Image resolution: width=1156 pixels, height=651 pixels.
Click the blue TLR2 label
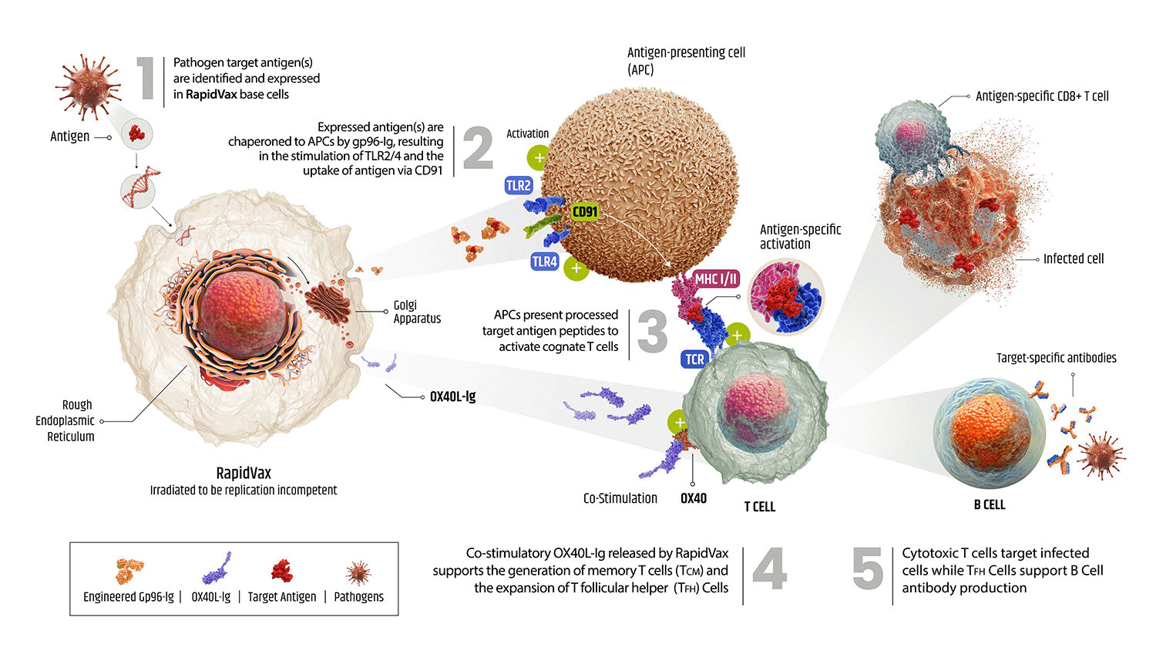point(519,185)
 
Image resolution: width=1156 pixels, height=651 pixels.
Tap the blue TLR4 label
point(544,261)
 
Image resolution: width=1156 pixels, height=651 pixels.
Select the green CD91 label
point(585,211)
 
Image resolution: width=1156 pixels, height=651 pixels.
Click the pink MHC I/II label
point(717,279)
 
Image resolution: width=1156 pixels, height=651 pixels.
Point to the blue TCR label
point(694,359)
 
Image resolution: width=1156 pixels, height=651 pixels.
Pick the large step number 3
point(652,332)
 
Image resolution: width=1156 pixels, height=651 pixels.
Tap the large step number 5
point(868,569)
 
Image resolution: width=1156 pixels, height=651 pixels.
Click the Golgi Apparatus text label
point(417,312)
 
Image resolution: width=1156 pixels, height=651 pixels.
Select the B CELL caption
point(989,504)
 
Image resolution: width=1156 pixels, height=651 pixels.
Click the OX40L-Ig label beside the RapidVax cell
point(452,396)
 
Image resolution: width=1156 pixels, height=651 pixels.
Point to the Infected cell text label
point(1073,259)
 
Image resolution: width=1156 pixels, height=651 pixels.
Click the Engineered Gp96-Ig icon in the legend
point(129,572)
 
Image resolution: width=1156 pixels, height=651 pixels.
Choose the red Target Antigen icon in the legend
point(282,571)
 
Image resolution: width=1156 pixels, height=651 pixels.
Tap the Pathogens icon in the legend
point(358,573)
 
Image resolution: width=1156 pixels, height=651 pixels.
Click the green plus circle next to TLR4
point(576,268)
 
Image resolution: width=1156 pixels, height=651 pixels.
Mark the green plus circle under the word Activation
point(539,158)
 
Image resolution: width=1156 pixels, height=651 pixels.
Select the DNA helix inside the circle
point(139,189)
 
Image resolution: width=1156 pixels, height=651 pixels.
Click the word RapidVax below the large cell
point(244,473)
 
